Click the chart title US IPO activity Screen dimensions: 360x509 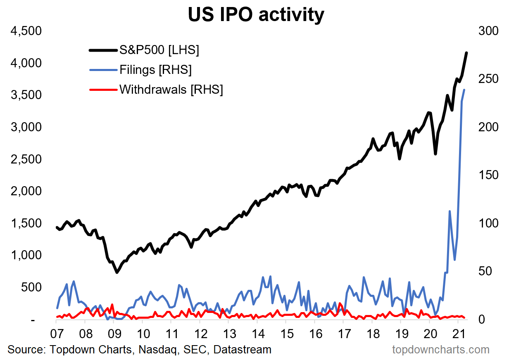256,15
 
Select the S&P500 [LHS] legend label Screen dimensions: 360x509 159,50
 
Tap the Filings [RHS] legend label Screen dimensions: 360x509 155,70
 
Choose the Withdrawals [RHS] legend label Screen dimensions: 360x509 171,89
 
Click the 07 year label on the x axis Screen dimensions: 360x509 57,333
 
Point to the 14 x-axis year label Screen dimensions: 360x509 258,333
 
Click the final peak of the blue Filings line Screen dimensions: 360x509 464,90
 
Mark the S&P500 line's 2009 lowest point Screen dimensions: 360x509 117,272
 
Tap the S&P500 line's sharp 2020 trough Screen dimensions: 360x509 435,154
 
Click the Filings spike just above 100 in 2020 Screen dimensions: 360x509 450,211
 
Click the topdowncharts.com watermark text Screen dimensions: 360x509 440,350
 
